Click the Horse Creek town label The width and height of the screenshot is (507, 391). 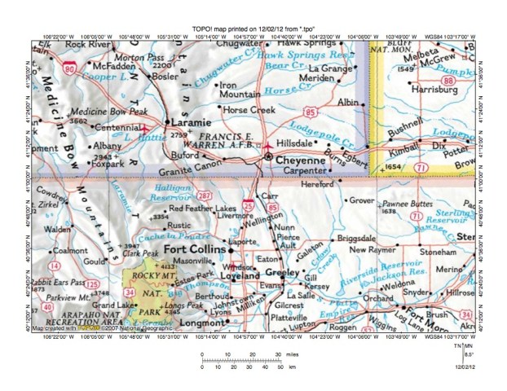tap(249, 109)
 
